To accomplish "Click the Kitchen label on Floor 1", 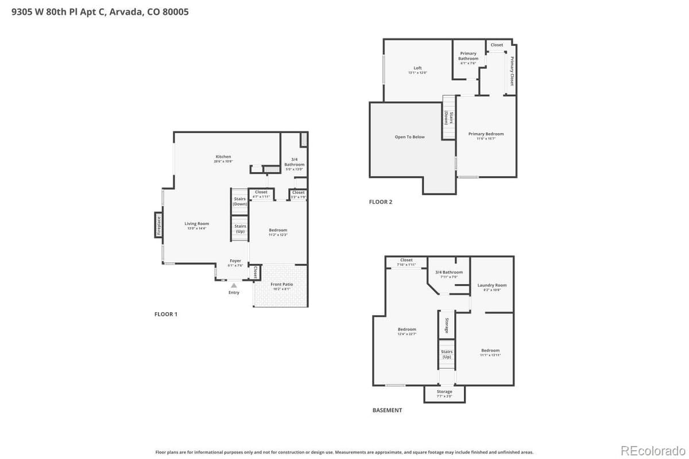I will [x=223, y=157].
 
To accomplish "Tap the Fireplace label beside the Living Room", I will [x=159, y=225].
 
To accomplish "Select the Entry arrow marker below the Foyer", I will [x=234, y=285].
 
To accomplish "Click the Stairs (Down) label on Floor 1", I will [x=240, y=201].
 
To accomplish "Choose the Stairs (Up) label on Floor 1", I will [x=240, y=228].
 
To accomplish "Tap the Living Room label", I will [x=196, y=224].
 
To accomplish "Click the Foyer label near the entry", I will [x=235, y=261].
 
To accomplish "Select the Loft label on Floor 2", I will [x=417, y=68].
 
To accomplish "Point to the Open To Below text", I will [x=410, y=137].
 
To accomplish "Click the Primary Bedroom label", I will [x=486, y=134].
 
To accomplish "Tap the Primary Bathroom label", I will [x=468, y=56].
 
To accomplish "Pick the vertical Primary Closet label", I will [x=512, y=71].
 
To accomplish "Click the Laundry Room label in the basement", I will [x=492, y=285].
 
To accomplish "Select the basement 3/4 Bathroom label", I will [x=448, y=273].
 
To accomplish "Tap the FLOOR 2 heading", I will [x=381, y=202].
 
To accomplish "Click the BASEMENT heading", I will [x=387, y=410].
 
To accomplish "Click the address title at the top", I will [x=100, y=11].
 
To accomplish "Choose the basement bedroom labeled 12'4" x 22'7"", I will [x=407, y=330].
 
